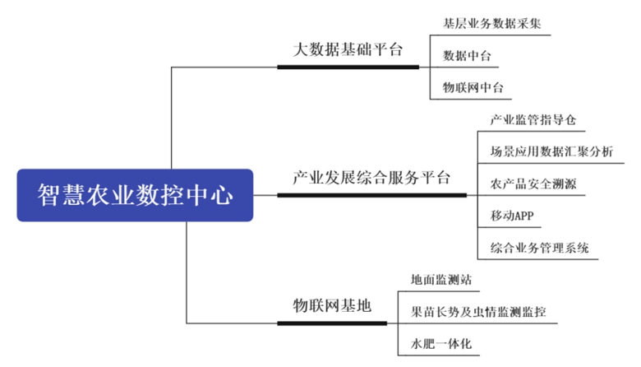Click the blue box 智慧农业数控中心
coord(135,195)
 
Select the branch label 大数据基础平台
coord(348,49)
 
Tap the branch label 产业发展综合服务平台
coord(371,178)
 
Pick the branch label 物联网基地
coord(332,305)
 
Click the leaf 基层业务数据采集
coord(491,23)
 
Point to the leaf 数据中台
coord(467,56)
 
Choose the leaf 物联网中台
coord(473,87)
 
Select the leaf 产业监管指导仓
coord(533,119)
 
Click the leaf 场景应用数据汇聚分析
coord(551,151)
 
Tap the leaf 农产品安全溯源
coord(533,183)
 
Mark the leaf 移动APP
coord(512,216)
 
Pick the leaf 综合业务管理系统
coord(539,248)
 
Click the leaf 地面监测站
coord(441,280)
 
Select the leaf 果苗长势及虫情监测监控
coord(478,312)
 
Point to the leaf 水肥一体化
coord(441,343)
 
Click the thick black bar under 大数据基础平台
coord(348,67)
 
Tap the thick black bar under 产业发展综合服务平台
coord(372,195)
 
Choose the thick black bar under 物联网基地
coord(332,323)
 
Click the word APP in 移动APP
coord(523,216)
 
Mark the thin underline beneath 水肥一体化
coord(439,355)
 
